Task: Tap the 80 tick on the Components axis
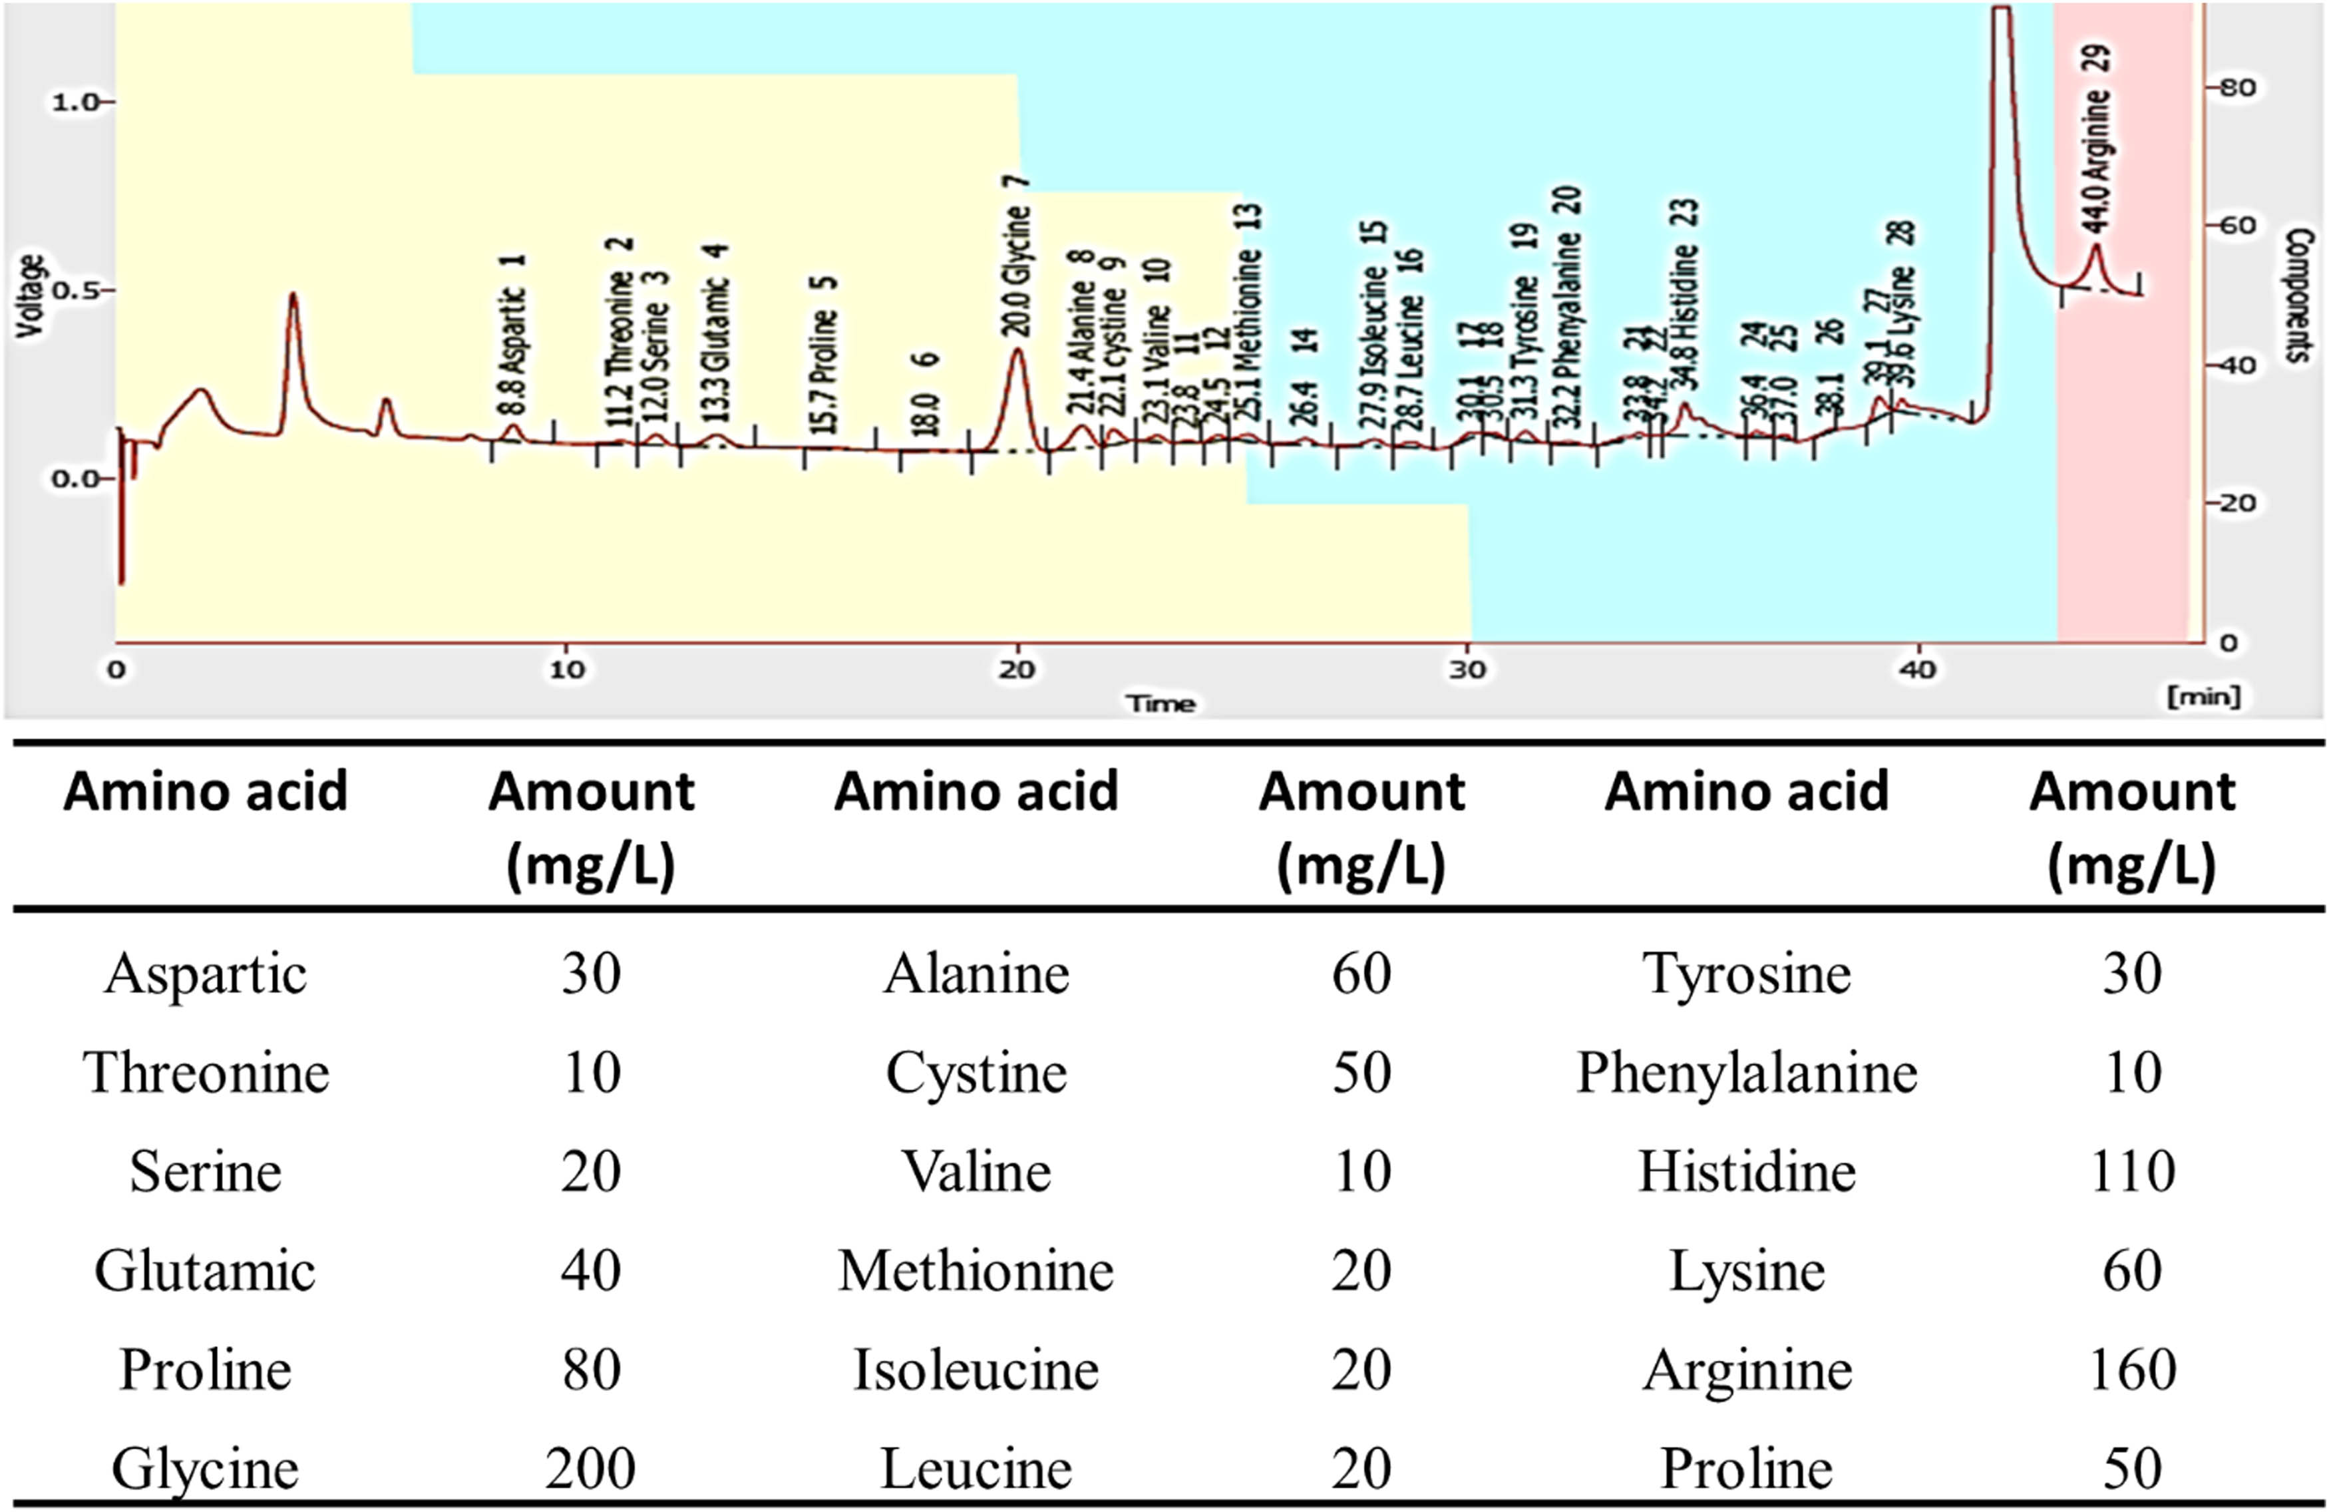tap(2236, 87)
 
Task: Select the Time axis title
tap(1160, 703)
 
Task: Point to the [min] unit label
tap(2204, 696)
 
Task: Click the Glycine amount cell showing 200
tap(590, 1468)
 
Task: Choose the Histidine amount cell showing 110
tap(2132, 1171)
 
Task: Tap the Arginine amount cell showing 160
tap(2132, 1369)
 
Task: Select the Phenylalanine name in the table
tap(1747, 1073)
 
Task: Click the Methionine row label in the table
tap(976, 1271)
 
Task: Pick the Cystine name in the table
tap(976, 1073)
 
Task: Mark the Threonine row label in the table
tap(206, 1073)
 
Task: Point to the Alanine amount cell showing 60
tap(1361, 974)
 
